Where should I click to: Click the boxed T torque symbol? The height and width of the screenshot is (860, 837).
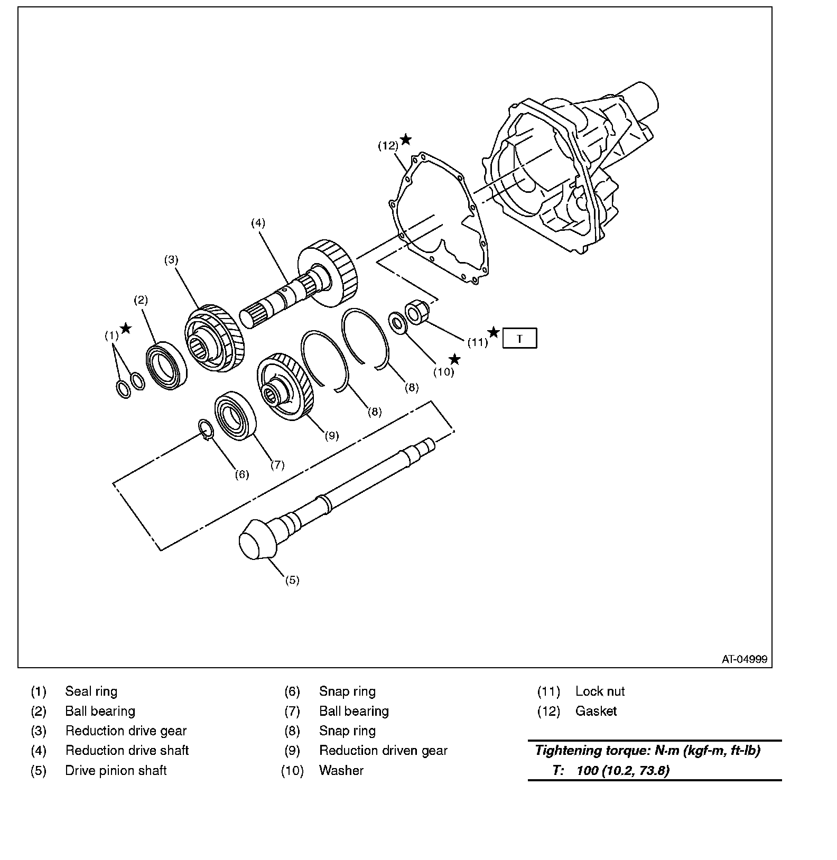[519, 338]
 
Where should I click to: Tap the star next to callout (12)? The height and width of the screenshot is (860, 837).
[405, 139]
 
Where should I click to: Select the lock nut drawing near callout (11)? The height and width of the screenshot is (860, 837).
[414, 312]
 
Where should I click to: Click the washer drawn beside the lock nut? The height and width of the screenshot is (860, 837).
[397, 323]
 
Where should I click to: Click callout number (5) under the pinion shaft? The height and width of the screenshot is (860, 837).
[292, 580]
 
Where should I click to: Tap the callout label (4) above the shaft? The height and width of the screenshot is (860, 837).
[258, 223]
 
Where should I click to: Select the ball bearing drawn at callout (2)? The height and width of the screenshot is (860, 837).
[167, 366]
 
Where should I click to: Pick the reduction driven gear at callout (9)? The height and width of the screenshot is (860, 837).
[286, 387]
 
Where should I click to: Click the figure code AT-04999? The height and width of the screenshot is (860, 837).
[745, 659]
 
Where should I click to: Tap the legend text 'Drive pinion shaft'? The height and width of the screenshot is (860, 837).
[116, 771]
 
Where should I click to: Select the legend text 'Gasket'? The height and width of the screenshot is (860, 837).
[596, 711]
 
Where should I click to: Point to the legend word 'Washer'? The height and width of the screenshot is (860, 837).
[341, 771]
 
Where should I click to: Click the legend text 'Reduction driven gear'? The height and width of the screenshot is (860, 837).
[383, 751]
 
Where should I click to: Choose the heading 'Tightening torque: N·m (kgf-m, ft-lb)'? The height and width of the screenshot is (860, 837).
[647, 751]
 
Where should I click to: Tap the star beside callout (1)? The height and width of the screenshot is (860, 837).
[126, 329]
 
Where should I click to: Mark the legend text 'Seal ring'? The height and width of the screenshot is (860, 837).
[91, 691]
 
